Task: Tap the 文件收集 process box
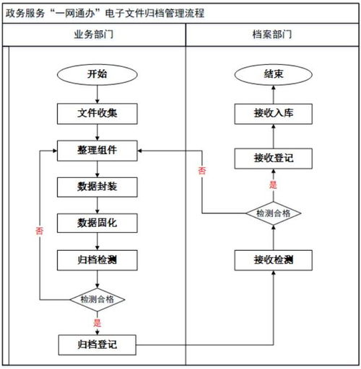point(97,113)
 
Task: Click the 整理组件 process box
point(97,151)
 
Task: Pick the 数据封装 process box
point(97,187)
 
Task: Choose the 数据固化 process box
point(97,223)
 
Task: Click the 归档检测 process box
point(97,259)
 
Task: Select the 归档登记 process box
point(97,344)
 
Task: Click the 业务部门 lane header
point(97,35)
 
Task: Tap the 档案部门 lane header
point(272,35)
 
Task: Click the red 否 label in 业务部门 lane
point(39,231)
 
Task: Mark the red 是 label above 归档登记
point(97,323)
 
